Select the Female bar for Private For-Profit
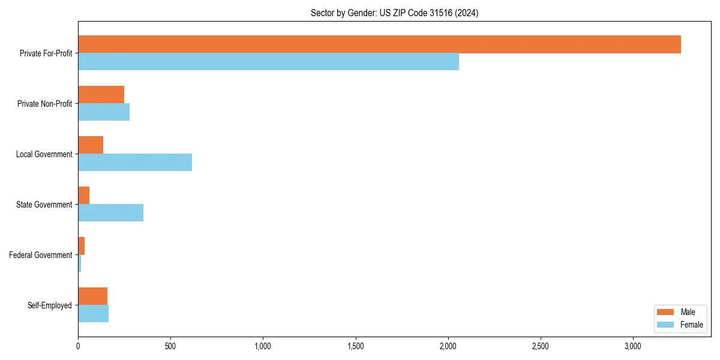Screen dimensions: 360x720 (x=268, y=62)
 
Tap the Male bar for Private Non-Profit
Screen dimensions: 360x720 (x=101, y=95)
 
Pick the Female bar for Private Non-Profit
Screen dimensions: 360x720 (x=104, y=112)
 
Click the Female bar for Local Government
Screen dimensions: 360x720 (x=135, y=163)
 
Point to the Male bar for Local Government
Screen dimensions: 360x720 (x=91, y=145)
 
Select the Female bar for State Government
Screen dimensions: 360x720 (x=110, y=213)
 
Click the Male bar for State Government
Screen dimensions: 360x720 (x=84, y=196)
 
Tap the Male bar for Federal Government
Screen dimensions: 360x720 (x=82, y=246)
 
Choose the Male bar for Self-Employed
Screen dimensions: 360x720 (x=92, y=296)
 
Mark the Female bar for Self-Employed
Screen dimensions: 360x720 (x=93, y=314)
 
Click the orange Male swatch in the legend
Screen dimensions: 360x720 (x=666, y=312)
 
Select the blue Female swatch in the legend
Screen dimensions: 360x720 (x=666, y=325)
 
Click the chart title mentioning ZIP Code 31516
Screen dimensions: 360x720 (x=394, y=13)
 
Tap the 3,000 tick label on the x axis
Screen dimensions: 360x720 (x=633, y=346)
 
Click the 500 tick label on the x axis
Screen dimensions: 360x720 (x=170, y=346)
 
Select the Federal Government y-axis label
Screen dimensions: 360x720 (x=41, y=255)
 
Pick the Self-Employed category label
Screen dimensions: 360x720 (x=50, y=305)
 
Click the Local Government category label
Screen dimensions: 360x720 (x=44, y=154)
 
